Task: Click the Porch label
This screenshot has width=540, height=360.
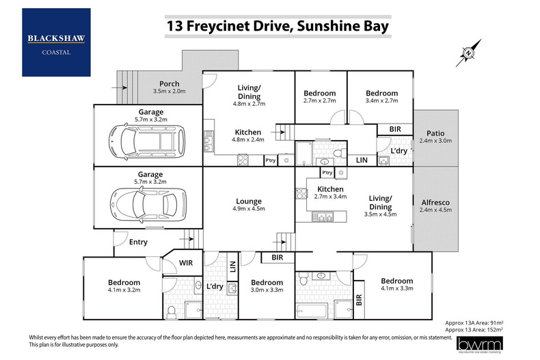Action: (168, 84)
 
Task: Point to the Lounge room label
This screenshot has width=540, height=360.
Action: (249, 201)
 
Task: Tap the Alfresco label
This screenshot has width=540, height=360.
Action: (435, 202)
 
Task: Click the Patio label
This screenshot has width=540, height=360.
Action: (435, 133)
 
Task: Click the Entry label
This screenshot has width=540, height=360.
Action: (138, 242)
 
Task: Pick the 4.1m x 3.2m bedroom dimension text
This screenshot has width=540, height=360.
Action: (124, 290)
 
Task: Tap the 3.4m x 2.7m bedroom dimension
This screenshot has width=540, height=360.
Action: (381, 101)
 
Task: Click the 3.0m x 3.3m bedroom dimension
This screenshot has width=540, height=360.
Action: (267, 290)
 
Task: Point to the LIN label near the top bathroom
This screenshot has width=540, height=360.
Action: (361, 160)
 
